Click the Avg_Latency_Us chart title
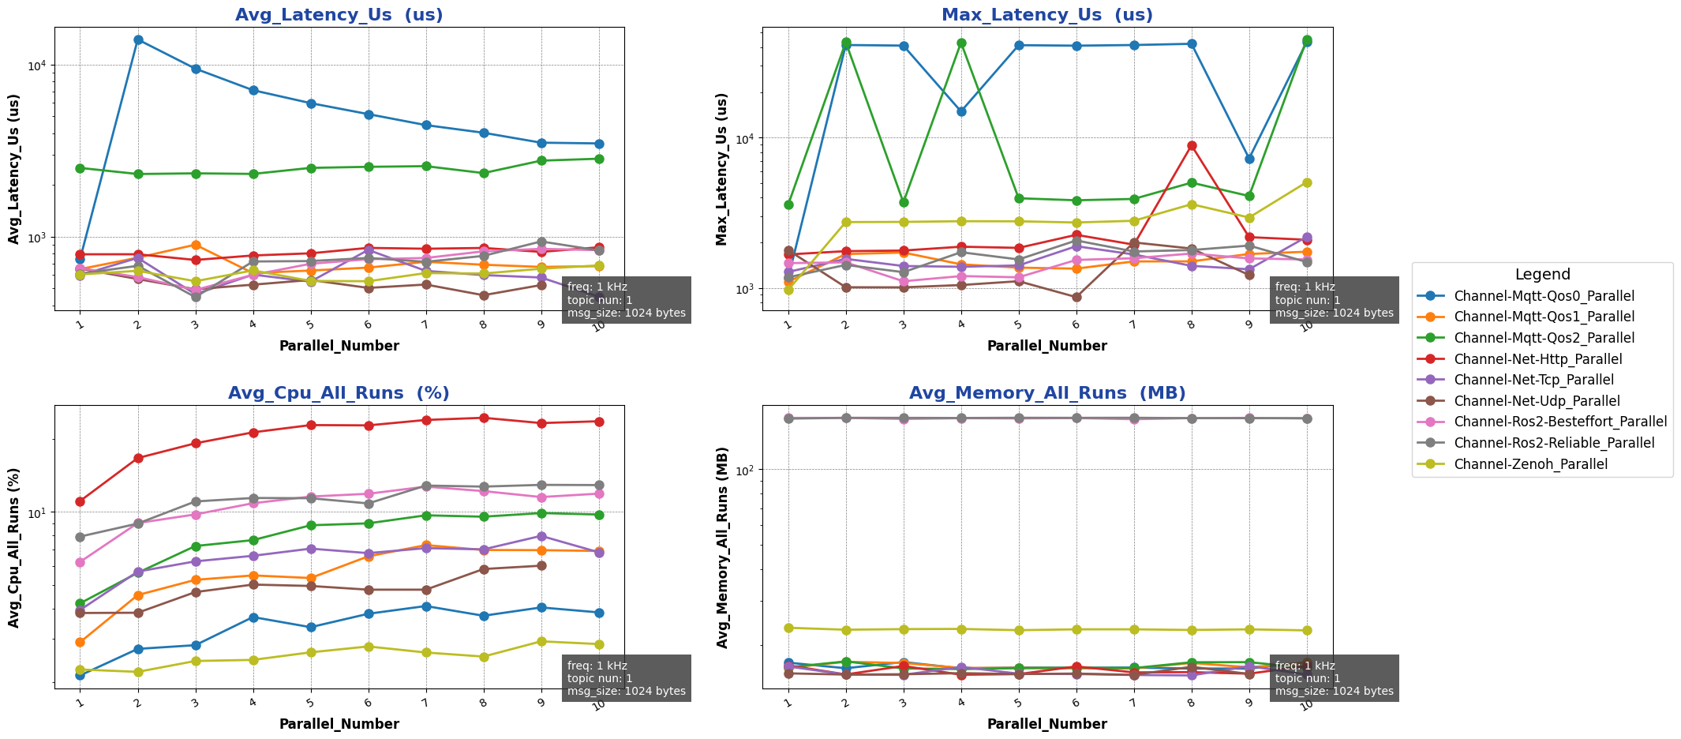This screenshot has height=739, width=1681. coord(339,15)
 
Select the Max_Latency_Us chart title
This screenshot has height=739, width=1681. coord(1046,15)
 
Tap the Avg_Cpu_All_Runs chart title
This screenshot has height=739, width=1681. coord(339,393)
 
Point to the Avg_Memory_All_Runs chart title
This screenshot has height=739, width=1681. coord(1046,393)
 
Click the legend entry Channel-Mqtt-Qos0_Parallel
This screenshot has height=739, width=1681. coord(1544,296)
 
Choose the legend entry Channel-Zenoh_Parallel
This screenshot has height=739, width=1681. coord(1530,464)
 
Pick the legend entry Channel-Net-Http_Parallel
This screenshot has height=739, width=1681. coord(1537,359)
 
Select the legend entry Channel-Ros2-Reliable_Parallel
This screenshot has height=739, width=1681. coord(1554,443)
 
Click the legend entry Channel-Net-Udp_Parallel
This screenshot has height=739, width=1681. coord(1537,401)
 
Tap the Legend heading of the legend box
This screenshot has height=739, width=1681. coord(1542,275)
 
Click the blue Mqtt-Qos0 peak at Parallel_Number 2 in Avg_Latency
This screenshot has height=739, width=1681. coord(138,39)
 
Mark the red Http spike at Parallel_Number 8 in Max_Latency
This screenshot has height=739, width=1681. coord(1192,145)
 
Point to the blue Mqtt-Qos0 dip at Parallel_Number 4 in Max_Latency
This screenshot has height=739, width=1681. coord(961,111)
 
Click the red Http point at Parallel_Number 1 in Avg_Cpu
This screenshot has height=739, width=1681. coord(80,501)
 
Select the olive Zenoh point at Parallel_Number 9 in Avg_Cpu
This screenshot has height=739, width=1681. coord(541,641)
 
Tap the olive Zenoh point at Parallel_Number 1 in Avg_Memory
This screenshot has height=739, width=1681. coord(788,628)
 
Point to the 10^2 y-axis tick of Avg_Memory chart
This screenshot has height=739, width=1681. coord(743,470)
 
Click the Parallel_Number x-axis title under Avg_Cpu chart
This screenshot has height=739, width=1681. coord(339,724)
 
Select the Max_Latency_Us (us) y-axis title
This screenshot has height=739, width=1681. coord(721,168)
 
